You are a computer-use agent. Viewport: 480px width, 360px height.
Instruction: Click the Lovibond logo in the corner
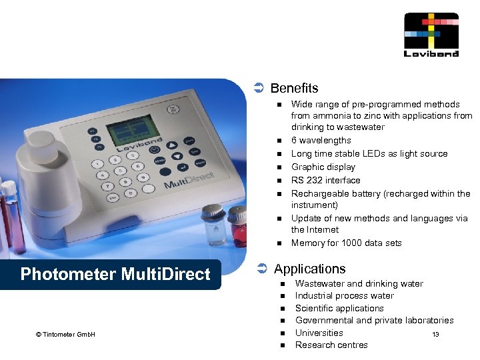[431, 35]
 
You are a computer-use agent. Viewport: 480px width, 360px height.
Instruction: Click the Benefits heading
[294, 88]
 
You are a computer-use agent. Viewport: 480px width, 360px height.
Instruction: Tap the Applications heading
[309, 269]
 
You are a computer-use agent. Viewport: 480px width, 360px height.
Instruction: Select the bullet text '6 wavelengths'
[321, 141]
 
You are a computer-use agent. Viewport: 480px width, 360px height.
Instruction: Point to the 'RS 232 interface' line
[325, 180]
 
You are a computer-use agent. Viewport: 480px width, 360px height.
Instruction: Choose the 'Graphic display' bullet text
[323, 167]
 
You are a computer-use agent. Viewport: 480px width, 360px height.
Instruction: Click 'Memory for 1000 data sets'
[346, 243]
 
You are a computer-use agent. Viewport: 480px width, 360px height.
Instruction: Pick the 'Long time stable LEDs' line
[369, 154]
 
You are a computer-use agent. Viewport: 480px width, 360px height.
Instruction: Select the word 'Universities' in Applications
[319, 333]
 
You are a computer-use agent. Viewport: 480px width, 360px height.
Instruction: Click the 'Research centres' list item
[331, 345]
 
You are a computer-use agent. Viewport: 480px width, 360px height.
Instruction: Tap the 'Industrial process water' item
[344, 295]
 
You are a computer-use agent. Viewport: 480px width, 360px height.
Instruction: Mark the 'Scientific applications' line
[339, 308]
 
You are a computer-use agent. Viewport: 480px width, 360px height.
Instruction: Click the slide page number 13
[435, 335]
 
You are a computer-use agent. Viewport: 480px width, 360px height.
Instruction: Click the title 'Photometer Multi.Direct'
[115, 274]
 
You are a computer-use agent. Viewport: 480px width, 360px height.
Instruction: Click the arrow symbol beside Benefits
[259, 88]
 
